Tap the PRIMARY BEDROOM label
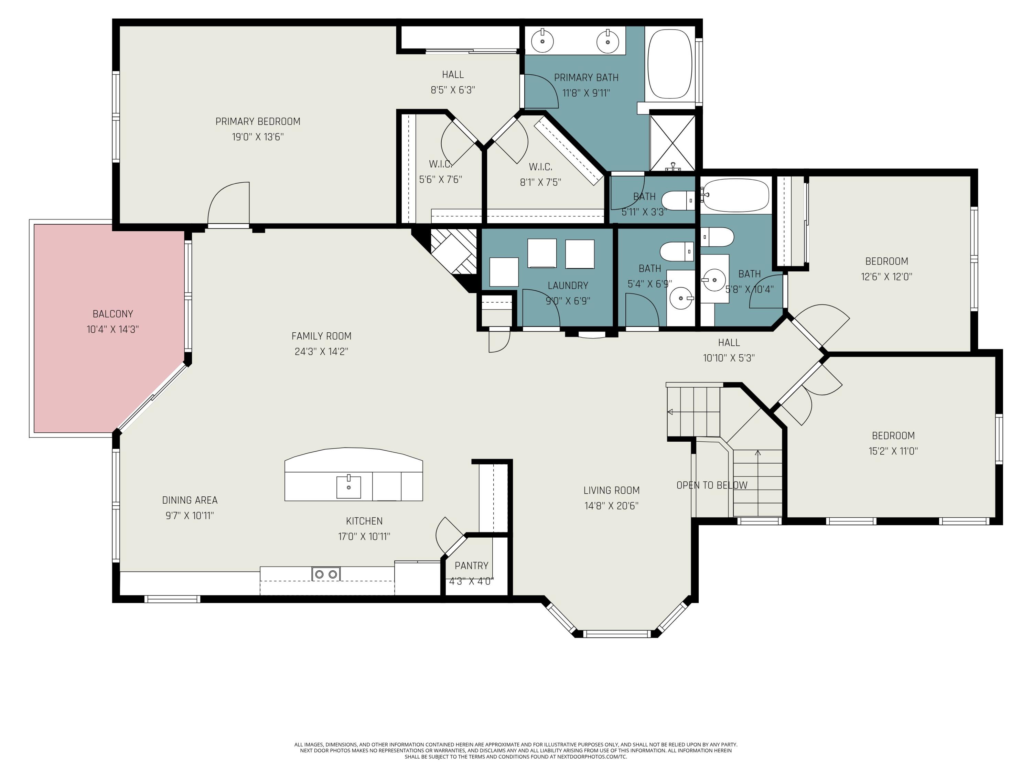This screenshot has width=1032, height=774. (258, 121)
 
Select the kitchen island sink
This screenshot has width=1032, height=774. (348, 487)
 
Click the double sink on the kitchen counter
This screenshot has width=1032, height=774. (326, 574)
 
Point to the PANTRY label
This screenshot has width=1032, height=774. (471, 566)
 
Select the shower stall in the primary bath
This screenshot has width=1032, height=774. (672, 143)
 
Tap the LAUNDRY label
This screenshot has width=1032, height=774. (568, 286)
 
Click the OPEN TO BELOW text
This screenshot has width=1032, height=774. (712, 485)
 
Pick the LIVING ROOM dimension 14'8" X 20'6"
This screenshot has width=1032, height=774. (611, 506)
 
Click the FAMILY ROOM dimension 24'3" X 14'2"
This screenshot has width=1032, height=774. (321, 351)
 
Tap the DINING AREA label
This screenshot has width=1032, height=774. (190, 500)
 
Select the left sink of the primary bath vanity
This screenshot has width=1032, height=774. (542, 41)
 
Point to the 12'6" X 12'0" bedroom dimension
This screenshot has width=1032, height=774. (886, 277)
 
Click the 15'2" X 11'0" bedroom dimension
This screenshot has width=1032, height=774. (893, 451)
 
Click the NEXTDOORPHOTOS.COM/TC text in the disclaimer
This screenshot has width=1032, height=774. (592, 757)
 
